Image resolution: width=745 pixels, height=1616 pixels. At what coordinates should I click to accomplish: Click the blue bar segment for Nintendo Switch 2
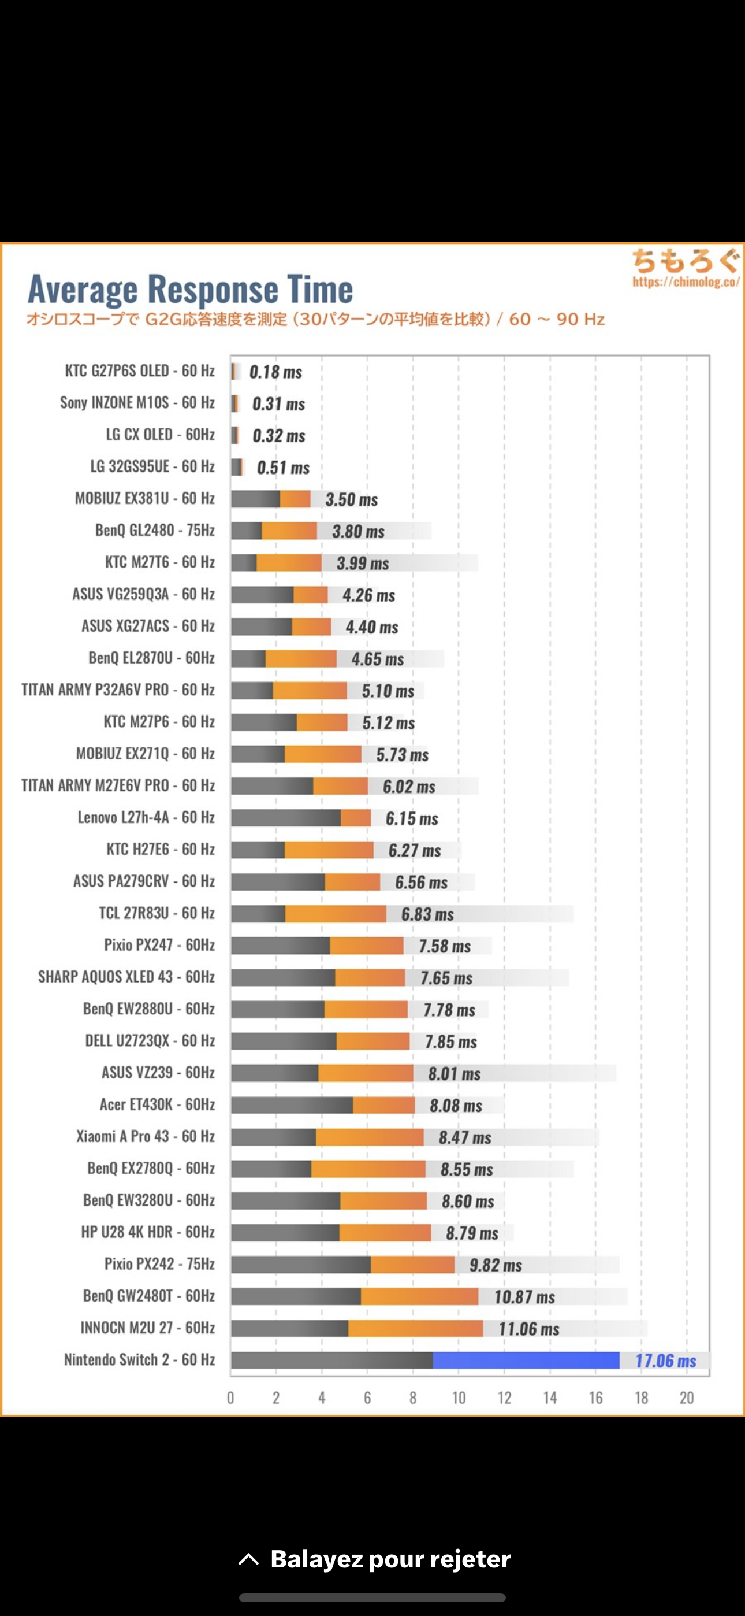pos(526,1360)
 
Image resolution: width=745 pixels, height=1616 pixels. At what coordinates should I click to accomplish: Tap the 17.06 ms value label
pos(665,1361)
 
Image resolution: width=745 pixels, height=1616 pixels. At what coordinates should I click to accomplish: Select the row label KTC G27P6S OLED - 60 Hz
pos(140,370)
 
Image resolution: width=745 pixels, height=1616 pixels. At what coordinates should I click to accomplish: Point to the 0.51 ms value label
pos(283,468)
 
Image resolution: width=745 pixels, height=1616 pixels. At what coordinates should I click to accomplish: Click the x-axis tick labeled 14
pos(550,1398)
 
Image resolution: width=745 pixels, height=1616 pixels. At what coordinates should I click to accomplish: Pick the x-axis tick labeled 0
pos(231,1398)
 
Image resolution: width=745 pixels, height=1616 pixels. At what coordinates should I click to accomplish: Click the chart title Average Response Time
pos(190,289)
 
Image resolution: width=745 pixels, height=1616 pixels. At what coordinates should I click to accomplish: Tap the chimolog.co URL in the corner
pos(686,281)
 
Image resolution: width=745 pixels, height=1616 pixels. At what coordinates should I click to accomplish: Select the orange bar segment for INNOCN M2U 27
pos(415,1328)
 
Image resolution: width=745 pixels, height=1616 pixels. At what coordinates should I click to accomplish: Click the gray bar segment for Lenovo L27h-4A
pos(285,817)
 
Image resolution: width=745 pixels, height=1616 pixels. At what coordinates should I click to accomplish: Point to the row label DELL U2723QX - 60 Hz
pos(150,1041)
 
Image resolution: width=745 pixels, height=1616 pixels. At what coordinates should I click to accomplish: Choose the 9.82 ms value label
pos(496,1265)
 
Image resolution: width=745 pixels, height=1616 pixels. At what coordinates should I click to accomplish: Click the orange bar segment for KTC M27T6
pos(288,563)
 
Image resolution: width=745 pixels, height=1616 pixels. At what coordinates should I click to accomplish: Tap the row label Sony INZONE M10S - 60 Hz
pos(137,403)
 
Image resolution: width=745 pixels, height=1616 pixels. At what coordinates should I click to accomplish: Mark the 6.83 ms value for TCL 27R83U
pos(427,914)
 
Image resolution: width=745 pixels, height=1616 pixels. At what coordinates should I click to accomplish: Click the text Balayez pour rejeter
pos(390,1559)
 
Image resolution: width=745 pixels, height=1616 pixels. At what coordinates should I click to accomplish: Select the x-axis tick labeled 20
pos(687,1398)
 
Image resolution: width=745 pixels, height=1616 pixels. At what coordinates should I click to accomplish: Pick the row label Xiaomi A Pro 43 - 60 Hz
pos(146,1136)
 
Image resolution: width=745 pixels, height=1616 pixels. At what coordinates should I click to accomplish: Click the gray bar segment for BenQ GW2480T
pos(295,1296)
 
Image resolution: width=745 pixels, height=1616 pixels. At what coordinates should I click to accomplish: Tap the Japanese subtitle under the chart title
pos(315,319)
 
